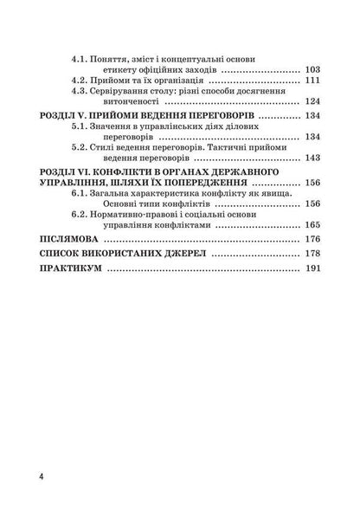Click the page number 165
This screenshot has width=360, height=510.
click(312, 224)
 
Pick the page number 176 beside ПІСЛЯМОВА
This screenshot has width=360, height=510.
click(312, 239)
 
